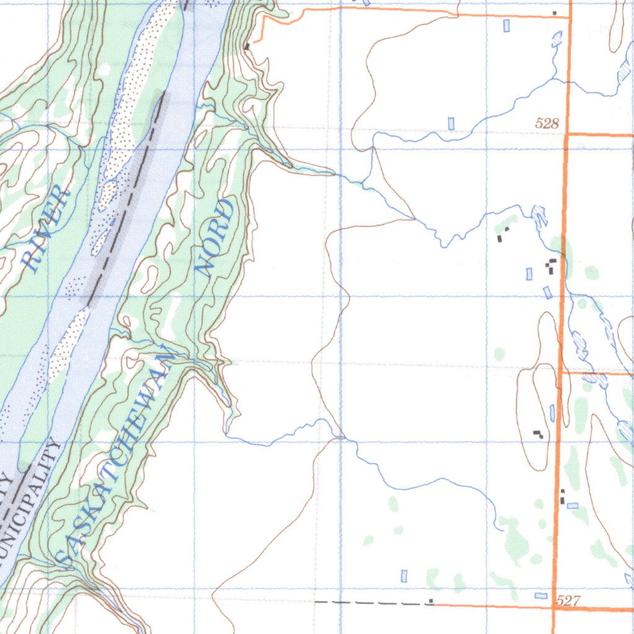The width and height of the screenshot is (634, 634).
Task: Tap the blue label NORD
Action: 215,237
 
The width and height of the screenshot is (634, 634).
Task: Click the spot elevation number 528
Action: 547,124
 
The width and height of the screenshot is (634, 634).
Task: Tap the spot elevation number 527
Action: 568,600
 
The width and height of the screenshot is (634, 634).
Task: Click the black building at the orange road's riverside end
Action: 247,46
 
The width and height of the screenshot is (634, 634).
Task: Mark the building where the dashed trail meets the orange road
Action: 431,601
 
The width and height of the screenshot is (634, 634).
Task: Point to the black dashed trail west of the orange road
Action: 371,602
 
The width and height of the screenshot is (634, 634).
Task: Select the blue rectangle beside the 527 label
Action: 541,595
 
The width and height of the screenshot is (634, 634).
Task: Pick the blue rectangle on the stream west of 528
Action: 451,123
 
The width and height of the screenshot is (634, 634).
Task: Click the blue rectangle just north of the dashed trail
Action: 404,576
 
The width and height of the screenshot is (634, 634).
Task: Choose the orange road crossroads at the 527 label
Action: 553,607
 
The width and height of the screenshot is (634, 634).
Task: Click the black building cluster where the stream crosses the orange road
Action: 550,267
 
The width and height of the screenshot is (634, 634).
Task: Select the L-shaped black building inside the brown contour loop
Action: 538,434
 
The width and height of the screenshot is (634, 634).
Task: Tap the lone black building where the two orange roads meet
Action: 555,13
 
